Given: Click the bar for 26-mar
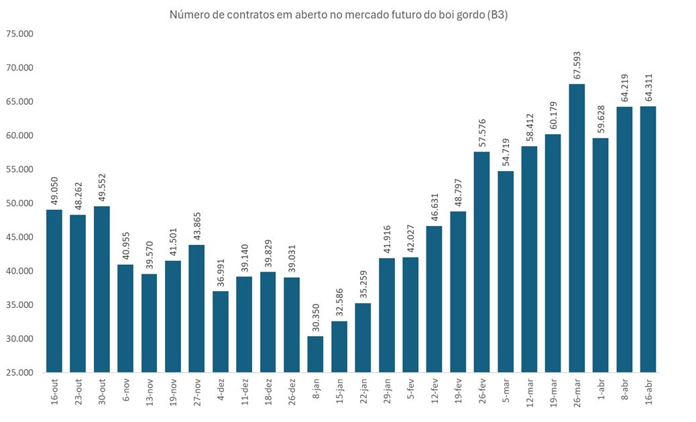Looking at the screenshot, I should pos(577,228).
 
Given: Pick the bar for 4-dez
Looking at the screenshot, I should pos(221,331).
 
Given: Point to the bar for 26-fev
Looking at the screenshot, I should pos(481,262).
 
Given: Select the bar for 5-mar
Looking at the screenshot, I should pos(506,272).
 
